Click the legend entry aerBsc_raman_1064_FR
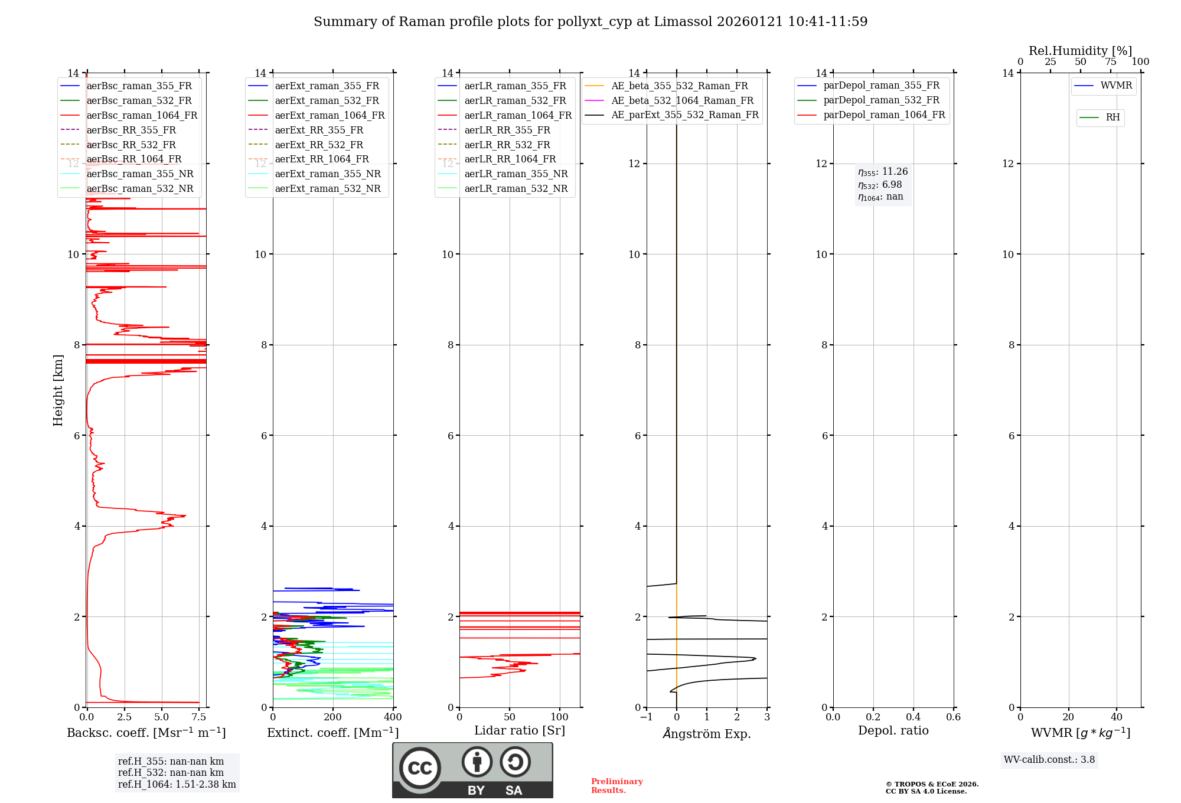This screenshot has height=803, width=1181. [142, 116]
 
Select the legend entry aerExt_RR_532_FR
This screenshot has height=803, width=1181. [319, 145]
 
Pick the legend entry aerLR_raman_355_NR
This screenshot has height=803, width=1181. [516, 174]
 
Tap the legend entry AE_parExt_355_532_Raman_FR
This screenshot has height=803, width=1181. [684, 115]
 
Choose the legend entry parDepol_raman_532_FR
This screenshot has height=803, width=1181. [881, 100]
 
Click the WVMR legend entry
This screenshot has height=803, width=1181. [1115, 86]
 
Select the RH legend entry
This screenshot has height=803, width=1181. [1113, 117]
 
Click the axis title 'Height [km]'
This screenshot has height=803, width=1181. [58, 390]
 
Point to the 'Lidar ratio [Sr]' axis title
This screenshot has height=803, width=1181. [520, 731]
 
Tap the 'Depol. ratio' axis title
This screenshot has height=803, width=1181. [893, 731]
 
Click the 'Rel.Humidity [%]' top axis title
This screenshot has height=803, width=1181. [1080, 51]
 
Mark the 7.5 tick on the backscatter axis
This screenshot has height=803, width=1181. [199, 717]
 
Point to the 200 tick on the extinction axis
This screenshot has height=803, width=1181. [333, 717]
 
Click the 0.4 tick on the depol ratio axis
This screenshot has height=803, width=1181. [913, 717]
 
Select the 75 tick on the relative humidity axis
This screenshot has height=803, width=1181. [1110, 62]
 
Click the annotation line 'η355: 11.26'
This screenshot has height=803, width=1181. [883, 172]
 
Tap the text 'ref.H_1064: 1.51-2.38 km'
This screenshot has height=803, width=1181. [177, 785]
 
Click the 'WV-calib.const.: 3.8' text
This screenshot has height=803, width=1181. [1049, 760]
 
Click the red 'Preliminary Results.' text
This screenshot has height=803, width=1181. [616, 786]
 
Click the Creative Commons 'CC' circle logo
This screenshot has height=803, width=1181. [420, 768]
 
